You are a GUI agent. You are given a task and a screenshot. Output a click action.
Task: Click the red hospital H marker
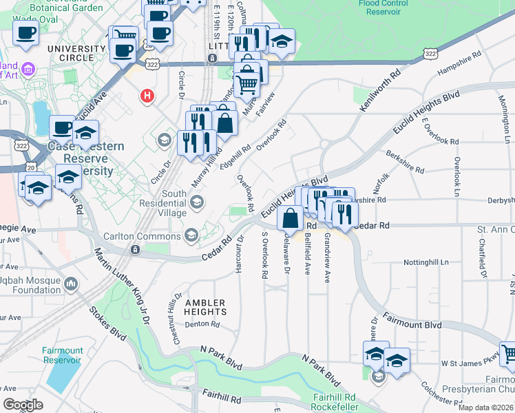click(147, 96)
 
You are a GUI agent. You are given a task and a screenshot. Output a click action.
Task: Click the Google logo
click(22, 405)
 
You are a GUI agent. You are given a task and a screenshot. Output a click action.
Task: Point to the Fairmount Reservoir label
click(63, 355)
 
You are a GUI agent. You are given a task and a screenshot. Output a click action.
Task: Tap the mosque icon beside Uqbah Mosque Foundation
click(72, 284)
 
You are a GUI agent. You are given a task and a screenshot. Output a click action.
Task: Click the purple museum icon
click(28, 70)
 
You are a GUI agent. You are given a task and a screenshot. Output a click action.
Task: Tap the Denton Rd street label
click(202, 324)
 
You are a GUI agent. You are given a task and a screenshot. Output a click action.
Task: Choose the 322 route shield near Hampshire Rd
click(431, 54)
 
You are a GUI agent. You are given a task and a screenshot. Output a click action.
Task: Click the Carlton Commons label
click(143, 235)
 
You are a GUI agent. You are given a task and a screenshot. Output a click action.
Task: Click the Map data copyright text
click(485, 407)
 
